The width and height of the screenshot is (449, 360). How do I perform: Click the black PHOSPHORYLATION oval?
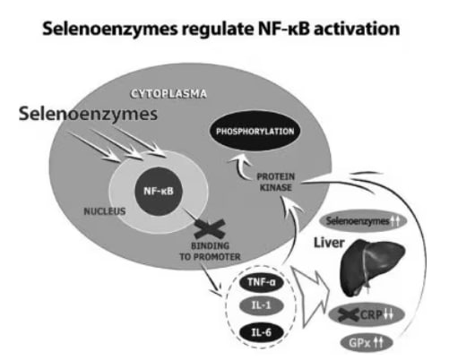pos(255,131)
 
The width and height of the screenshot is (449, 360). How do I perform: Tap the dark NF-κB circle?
pos(159,191)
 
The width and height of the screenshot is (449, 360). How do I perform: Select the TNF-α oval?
pos(262,282)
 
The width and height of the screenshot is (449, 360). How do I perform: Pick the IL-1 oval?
pos(262,305)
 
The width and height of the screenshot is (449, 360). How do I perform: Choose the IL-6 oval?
pos(262,332)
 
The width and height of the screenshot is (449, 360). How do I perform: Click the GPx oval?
pos(366,343)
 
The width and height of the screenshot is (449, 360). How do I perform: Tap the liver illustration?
pos(372,267)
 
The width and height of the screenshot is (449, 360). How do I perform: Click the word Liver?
pos(329,243)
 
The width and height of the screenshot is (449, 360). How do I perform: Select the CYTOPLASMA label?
pos(168,94)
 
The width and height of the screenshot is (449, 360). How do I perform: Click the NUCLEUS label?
pos(105,211)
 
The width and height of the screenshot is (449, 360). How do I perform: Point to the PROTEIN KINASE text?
pos(276,182)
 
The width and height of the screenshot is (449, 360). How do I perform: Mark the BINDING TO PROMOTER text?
pos(210,252)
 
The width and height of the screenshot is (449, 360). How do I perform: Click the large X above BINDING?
pos(210,229)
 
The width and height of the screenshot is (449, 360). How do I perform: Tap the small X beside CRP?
pos(349,314)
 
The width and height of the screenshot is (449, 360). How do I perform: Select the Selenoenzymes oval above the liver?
pos(364,221)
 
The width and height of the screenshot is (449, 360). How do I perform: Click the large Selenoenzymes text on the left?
pos(88,114)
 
